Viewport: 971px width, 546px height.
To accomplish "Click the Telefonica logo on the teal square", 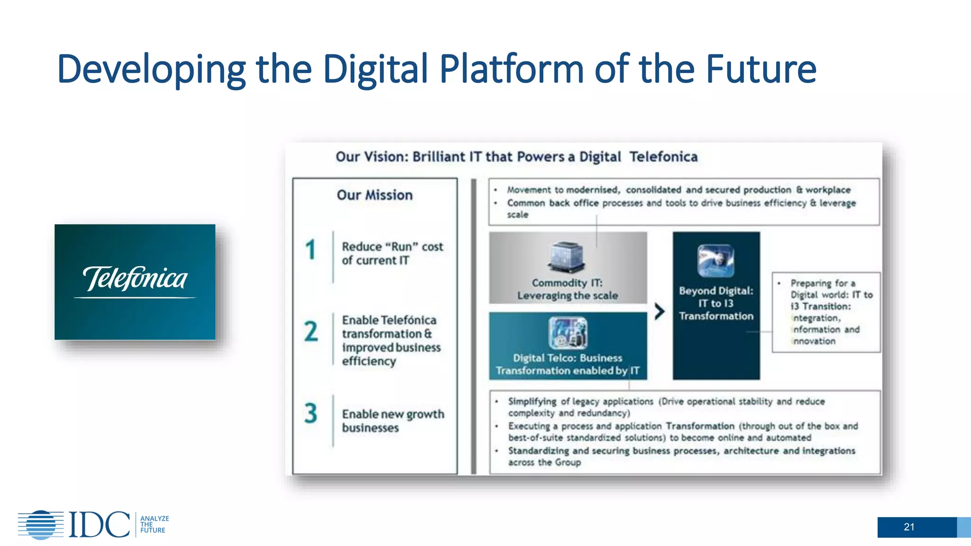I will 135,280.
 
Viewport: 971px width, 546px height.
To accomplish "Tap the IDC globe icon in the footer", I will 41,525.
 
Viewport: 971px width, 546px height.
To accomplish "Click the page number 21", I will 909,527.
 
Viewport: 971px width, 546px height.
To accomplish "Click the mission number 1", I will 311,250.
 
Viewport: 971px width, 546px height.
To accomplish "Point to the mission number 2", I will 311,331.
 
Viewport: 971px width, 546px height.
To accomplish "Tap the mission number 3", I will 311,413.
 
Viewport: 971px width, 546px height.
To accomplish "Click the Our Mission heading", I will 375,195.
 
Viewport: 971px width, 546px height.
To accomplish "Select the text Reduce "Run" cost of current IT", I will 392,254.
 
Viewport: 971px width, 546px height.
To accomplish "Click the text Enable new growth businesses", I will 393,421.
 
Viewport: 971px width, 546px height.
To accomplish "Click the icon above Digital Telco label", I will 568,333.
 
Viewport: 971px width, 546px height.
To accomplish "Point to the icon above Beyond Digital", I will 715,261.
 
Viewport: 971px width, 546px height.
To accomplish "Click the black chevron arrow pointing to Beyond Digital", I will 660,311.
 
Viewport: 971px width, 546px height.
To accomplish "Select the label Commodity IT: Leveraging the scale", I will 568,289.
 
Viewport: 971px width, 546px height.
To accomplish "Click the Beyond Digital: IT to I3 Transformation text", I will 716,303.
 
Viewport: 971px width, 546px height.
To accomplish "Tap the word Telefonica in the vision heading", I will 663,157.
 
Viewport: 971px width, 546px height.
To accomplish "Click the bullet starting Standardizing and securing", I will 681,456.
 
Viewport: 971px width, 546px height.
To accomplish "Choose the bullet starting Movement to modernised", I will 678,190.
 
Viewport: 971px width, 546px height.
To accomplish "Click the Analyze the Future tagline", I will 154,525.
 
